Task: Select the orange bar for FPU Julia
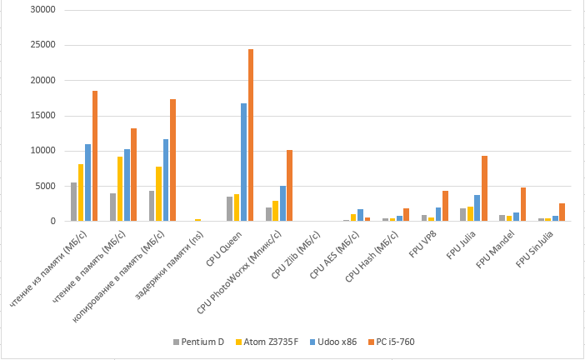[484, 188]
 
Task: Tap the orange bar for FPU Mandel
[523, 204]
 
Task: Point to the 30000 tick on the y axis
[42, 10]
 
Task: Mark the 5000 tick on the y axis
[44, 186]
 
